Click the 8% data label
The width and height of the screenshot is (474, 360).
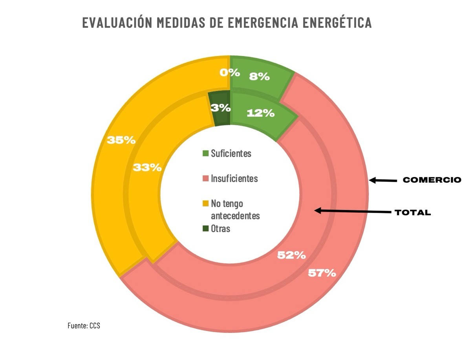coord(259,77)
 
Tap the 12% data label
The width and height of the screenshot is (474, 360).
coord(260,113)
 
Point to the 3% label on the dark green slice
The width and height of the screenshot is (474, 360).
coord(221,108)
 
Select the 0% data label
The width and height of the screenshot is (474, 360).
coord(229,72)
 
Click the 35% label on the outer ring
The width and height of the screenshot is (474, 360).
coord(121,140)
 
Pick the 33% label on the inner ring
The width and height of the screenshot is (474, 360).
coord(147,167)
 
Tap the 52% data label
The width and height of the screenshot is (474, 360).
coord(291,255)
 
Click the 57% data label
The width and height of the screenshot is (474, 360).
coord(322,273)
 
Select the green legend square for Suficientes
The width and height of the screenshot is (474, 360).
coord(206,154)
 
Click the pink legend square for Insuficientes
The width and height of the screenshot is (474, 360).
coord(206,179)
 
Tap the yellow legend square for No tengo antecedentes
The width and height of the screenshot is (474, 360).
coord(206,203)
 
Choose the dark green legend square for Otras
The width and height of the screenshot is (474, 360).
coord(206,228)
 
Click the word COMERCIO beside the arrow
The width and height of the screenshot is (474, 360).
coord(432,180)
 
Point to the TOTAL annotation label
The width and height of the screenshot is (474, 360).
coord(413,213)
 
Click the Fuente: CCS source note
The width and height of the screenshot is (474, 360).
coord(84,325)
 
